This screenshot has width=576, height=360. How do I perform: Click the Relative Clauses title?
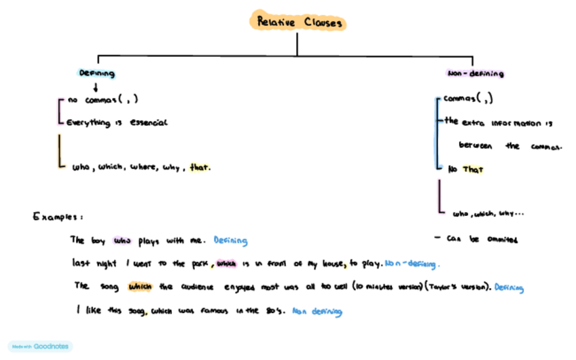[x=297, y=22]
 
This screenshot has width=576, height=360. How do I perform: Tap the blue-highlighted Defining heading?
[x=97, y=73]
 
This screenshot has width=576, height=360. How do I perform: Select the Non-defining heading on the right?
[x=475, y=73]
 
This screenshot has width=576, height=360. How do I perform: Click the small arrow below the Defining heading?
[x=96, y=87]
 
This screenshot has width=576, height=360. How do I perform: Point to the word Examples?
[x=57, y=217]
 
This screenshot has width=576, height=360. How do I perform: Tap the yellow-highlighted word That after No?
[x=473, y=169]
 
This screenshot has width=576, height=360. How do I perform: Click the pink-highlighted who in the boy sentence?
[x=123, y=240]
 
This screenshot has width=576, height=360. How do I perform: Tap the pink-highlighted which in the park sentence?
[x=225, y=263]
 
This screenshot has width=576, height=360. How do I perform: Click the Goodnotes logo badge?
[x=40, y=346]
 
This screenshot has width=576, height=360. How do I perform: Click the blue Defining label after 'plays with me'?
[x=230, y=240]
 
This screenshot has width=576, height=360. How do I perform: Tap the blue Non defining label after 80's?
[x=317, y=312]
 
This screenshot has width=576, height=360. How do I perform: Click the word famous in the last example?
[x=229, y=311]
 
